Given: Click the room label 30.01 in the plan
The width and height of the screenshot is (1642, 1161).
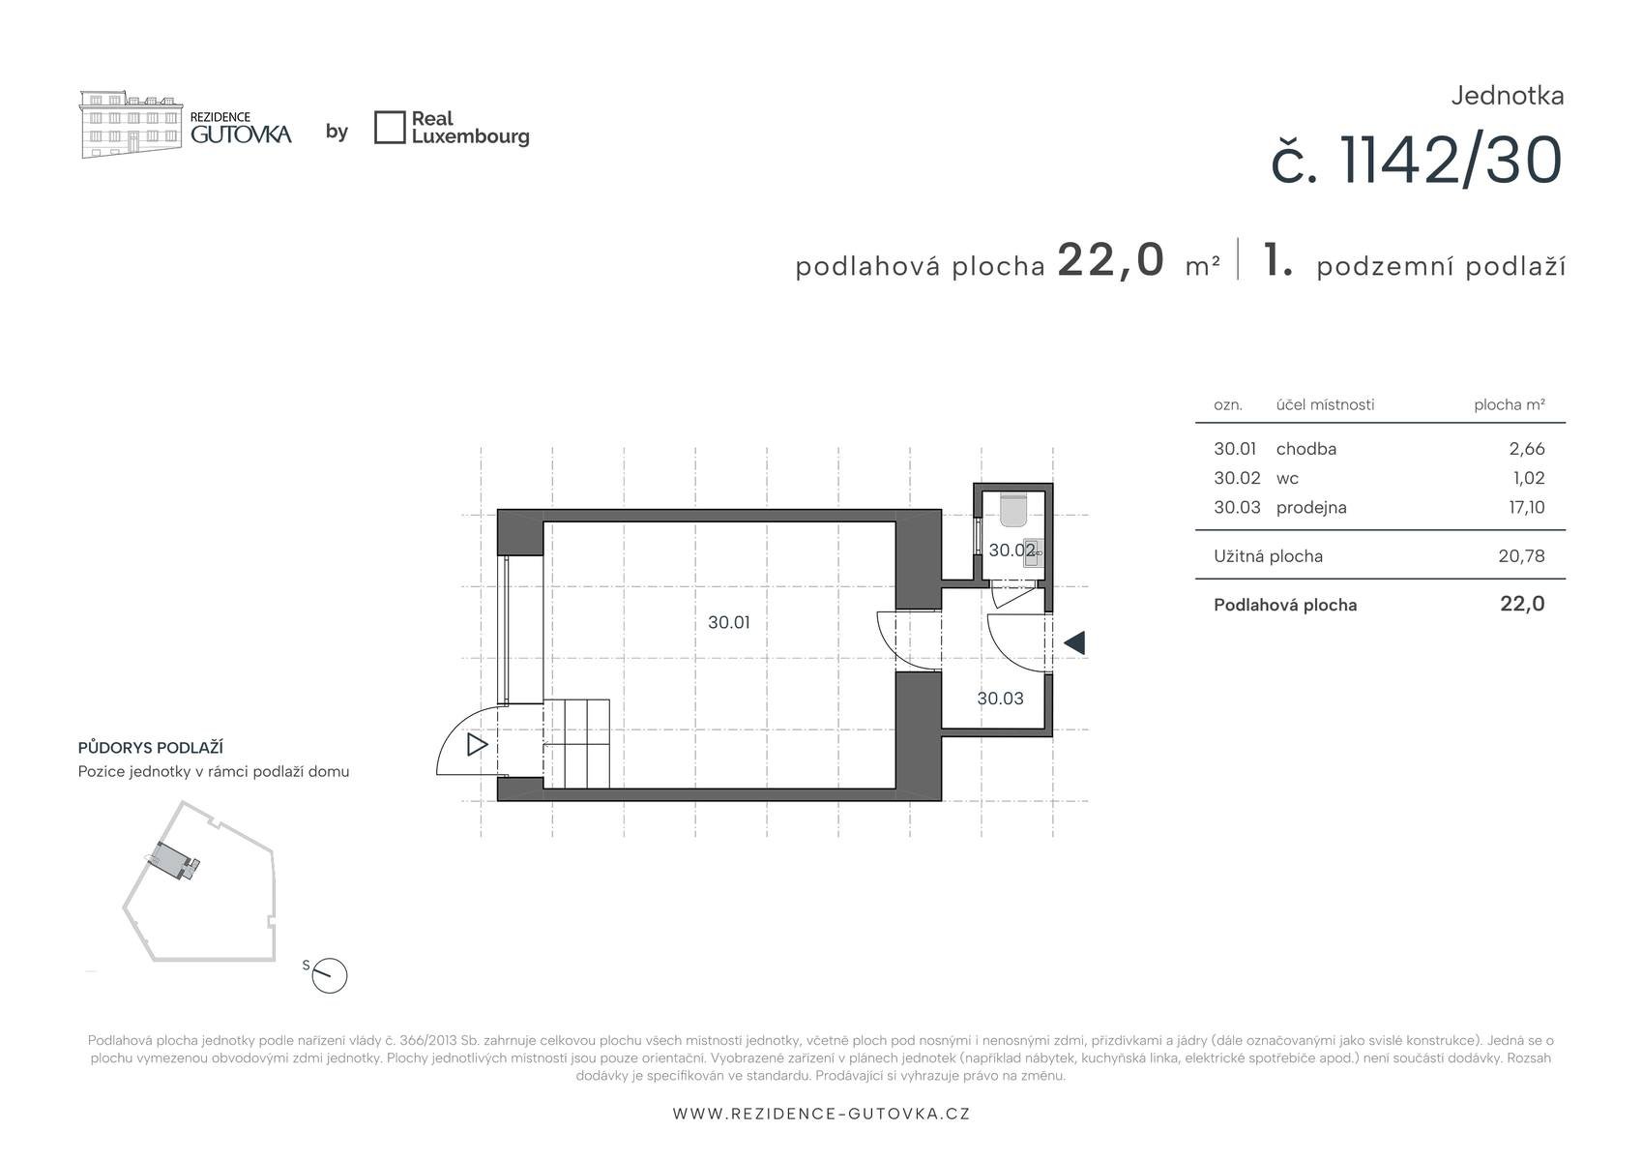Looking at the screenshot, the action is pyautogui.click(x=728, y=623).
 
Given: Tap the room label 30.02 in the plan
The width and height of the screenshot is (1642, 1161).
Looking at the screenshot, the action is pyautogui.click(x=1012, y=551).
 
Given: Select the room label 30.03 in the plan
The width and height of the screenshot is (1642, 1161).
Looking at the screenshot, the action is pyautogui.click(x=1000, y=699).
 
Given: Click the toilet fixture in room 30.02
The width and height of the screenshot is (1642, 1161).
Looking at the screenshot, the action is pyautogui.click(x=1013, y=511).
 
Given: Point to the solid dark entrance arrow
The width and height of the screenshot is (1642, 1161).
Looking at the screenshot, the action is pyautogui.click(x=1074, y=643).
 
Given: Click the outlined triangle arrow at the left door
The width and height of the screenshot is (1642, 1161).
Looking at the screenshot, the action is pyautogui.click(x=477, y=745).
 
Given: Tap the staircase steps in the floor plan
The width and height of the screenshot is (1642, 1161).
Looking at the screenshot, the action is pyautogui.click(x=576, y=744).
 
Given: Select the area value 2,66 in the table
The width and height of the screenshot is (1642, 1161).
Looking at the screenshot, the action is pyautogui.click(x=1527, y=449).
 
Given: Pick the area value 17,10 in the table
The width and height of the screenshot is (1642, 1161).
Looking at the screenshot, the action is pyautogui.click(x=1527, y=508).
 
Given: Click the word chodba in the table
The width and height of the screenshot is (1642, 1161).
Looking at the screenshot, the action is pyautogui.click(x=1306, y=449).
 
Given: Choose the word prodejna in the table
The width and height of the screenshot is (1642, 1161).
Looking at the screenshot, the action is pyautogui.click(x=1311, y=508).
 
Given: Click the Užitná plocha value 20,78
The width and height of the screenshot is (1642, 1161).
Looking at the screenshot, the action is pyautogui.click(x=1522, y=556).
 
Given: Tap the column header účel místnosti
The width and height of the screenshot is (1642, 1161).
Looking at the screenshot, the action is pyautogui.click(x=1326, y=404).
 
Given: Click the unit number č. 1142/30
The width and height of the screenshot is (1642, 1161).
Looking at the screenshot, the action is pyautogui.click(x=1417, y=161).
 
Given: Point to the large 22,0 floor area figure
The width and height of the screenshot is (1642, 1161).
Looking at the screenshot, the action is pyautogui.click(x=1111, y=260).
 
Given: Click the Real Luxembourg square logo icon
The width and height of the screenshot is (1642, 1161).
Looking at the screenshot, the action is pyautogui.click(x=390, y=128).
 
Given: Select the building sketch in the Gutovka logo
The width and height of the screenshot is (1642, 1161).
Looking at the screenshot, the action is pyautogui.click(x=131, y=124).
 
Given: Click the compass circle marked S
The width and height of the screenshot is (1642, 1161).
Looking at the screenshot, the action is pyautogui.click(x=329, y=976).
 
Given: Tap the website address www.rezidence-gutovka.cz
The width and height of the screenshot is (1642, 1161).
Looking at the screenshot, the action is pyautogui.click(x=822, y=1114).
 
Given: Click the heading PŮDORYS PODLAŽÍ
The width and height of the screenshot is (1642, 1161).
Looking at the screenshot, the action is pyautogui.click(x=150, y=748).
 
